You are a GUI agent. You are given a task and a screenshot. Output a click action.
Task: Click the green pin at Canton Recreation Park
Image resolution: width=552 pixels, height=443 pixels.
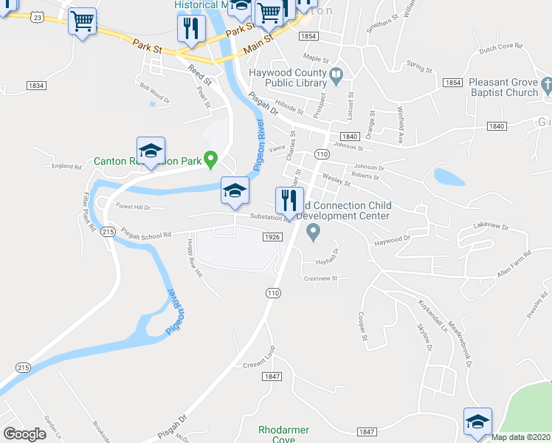(x=210, y=157)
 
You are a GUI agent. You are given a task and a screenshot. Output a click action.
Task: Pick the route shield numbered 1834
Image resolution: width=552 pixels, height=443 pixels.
(x=35, y=86)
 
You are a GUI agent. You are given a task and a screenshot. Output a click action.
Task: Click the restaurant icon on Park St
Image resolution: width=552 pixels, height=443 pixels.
(x=190, y=30)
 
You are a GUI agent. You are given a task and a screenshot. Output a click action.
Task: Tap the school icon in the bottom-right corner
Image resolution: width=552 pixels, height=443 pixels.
(x=477, y=422)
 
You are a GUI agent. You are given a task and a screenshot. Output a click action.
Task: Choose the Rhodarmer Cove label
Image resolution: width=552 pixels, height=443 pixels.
(x=283, y=434)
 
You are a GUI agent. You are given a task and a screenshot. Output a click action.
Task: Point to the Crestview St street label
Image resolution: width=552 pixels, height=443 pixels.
(x=320, y=278)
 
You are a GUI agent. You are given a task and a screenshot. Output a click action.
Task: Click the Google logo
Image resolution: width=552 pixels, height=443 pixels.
(x=25, y=434)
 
